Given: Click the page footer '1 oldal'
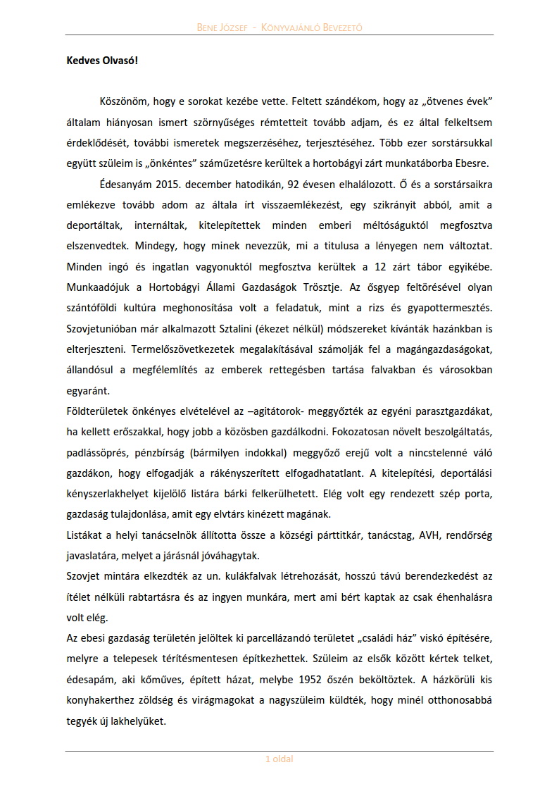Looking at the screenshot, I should pos(279,759).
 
